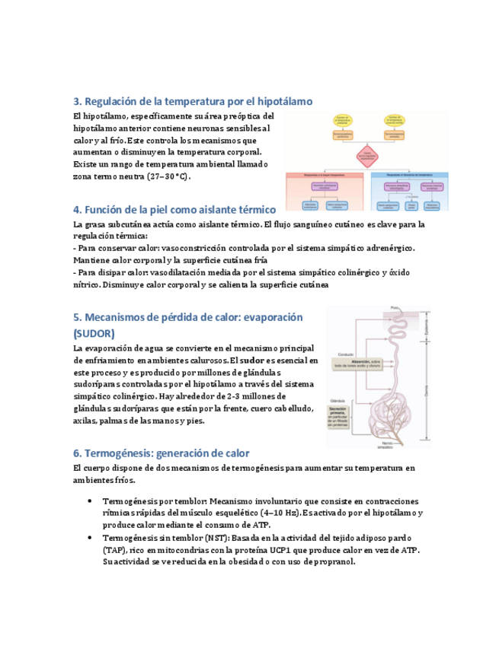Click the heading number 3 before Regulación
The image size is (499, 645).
(76, 101)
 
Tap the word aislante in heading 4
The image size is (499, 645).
(201, 209)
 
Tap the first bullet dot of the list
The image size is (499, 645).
(90, 501)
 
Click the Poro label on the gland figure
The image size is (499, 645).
(395, 307)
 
